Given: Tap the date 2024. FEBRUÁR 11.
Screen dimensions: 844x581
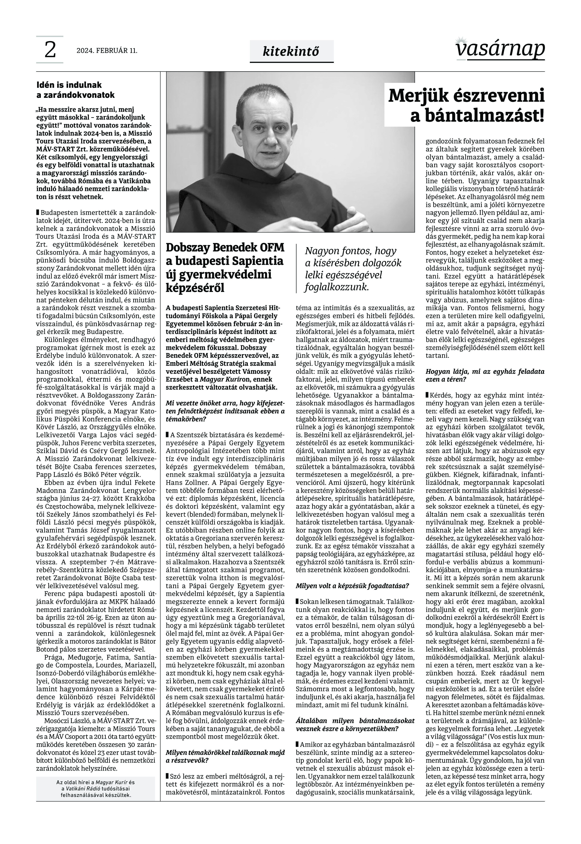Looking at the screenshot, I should pos(107,51).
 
